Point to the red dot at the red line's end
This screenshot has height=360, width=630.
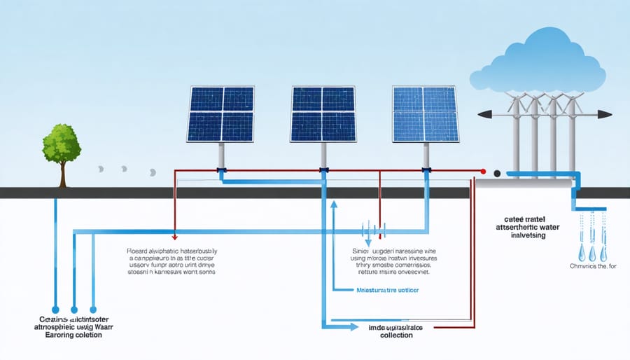[x=483, y=171]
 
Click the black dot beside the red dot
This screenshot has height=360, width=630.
[x=497, y=173]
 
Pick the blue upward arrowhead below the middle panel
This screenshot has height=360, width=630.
[x=334, y=205]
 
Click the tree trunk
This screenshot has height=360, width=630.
[x=62, y=176]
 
